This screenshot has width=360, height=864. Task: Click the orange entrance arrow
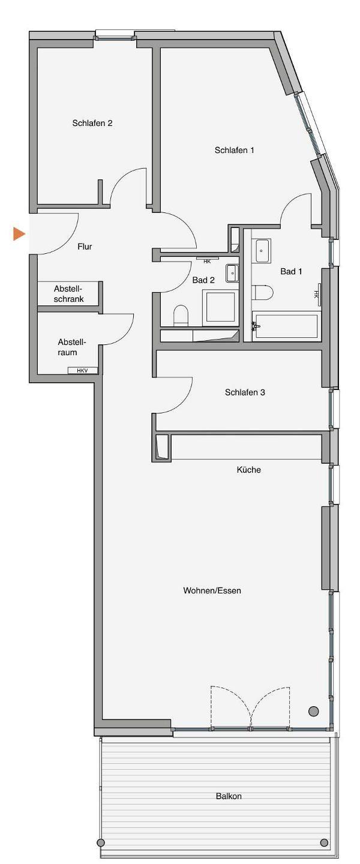(19, 234)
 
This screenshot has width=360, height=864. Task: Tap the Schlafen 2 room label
(92, 123)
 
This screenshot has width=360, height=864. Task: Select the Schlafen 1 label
(234, 150)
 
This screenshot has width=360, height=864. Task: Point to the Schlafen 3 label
(245, 392)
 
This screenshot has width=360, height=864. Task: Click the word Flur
(85, 247)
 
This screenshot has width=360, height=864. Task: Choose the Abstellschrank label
(68, 294)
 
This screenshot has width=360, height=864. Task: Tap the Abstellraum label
(68, 347)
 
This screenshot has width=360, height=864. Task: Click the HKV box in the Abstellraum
(83, 371)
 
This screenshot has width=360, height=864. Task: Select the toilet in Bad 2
(181, 315)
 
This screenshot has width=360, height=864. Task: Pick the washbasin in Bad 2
(232, 272)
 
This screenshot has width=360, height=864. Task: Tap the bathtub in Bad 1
(286, 328)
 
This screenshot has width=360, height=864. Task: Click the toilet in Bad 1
(263, 292)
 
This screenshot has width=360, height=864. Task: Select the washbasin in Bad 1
(262, 250)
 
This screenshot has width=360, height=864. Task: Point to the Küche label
(249, 469)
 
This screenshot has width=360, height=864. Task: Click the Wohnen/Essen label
(212, 590)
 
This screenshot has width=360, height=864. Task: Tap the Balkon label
(229, 796)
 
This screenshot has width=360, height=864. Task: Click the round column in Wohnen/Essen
(313, 710)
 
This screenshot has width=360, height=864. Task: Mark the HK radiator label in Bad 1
(316, 295)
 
